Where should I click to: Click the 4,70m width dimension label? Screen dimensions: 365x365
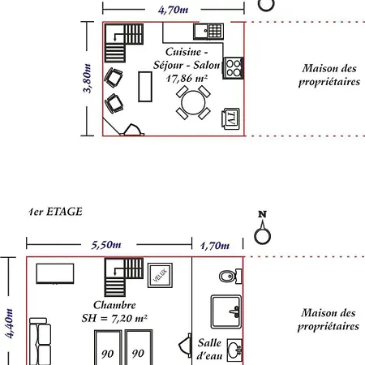(x=173, y=10)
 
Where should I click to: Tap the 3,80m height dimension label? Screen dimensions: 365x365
(x=87, y=79)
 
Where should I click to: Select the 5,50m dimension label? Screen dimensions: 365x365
(x=106, y=245)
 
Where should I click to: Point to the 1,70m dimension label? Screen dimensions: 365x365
(x=215, y=246)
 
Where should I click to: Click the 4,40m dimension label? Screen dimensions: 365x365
(x=9, y=324)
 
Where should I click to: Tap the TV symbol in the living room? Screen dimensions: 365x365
(x=230, y=118)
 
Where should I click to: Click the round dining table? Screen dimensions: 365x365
(x=193, y=102)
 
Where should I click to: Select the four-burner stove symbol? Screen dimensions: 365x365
(x=233, y=68)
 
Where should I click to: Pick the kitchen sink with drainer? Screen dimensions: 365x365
(x=208, y=32)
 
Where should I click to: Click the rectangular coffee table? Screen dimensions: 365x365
(x=145, y=87)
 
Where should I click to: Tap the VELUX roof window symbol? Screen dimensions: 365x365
(x=160, y=275)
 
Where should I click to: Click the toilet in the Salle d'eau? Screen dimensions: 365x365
(x=230, y=277)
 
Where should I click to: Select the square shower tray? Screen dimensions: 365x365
(x=226, y=311)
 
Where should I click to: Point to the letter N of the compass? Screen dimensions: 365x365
(x=262, y=214)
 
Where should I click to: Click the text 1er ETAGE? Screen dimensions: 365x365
(x=55, y=212)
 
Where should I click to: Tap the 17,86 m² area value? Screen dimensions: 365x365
(x=187, y=79)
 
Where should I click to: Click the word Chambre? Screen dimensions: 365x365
(x=114, y=305)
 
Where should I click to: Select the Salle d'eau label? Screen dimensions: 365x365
(x=210, y=350)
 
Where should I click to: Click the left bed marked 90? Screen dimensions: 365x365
(x=108, y=347)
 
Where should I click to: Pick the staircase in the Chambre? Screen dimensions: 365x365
(x=124, y=277)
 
